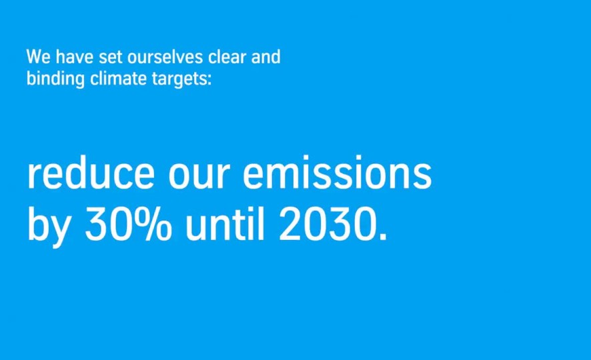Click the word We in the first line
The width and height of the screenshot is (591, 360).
[x=39, y=57]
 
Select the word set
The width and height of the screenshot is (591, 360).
[x=111, y=57]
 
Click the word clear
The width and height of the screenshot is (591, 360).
[x=227, y=57]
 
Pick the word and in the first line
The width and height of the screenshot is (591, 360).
[x=265, y=57]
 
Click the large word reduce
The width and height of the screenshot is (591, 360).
[x=91, y=173]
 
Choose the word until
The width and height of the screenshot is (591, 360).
[x=225, y=225]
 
